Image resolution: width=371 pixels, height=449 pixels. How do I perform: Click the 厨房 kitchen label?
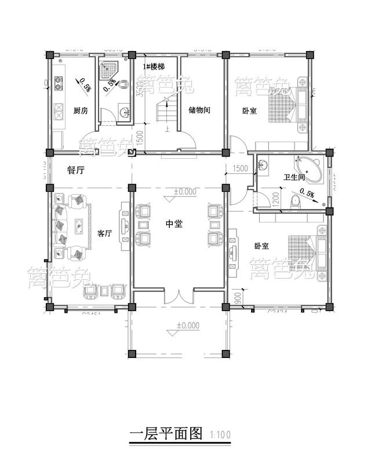pos(81,111)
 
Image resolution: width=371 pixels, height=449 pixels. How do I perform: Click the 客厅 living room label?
pos(104,233)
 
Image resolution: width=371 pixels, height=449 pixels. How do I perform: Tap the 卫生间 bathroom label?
pos(294,177)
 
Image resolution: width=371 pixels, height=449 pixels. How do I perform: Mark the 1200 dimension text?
pos(277,200)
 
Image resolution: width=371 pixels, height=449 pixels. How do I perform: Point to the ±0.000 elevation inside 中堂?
pos(185,191)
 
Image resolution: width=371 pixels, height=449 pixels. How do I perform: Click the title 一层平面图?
pos(165,433)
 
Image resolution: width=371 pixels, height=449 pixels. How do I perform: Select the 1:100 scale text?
pos(220,435)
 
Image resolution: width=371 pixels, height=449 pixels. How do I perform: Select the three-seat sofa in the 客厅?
pos(61,225)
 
